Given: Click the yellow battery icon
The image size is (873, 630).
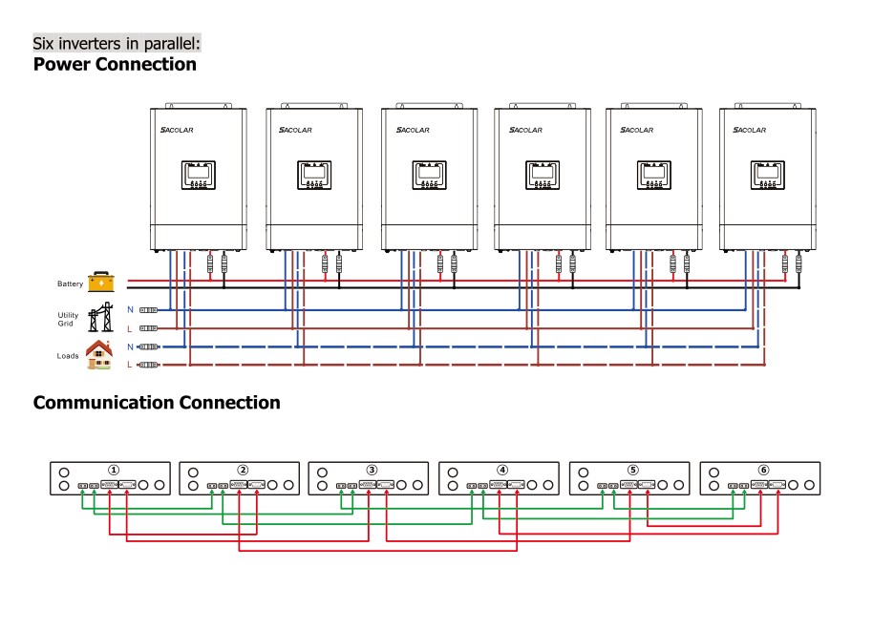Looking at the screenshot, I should [100, 282].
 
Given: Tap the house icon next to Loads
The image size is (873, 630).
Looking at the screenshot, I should [98, 354].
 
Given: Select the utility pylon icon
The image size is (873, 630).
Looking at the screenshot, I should [98, 318].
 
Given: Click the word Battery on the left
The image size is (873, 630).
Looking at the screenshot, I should [70, 283].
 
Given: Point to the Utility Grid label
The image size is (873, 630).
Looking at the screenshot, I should [67, 319].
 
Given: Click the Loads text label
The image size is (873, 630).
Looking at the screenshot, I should [67, 356].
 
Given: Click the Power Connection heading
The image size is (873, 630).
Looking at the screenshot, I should [115, 65].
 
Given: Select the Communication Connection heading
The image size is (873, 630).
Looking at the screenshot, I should [157, 403].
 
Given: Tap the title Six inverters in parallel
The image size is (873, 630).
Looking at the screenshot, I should [117, 44].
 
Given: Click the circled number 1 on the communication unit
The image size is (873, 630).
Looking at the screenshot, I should [114, 470].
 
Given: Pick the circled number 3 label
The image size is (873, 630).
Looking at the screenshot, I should [372, 470].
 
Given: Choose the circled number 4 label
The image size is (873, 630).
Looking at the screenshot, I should [502, 470].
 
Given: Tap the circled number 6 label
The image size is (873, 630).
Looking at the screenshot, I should [763, 470].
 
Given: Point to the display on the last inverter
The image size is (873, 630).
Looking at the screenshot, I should [767, 176].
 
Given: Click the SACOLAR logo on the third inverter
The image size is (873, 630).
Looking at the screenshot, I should [414, 130].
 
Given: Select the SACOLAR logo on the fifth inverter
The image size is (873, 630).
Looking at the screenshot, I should [637, 130].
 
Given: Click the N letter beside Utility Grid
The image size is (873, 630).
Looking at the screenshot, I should [130, 309].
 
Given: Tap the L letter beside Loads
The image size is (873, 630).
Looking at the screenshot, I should [130, 365].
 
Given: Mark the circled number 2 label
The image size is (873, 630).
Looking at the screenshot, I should [243, 470].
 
